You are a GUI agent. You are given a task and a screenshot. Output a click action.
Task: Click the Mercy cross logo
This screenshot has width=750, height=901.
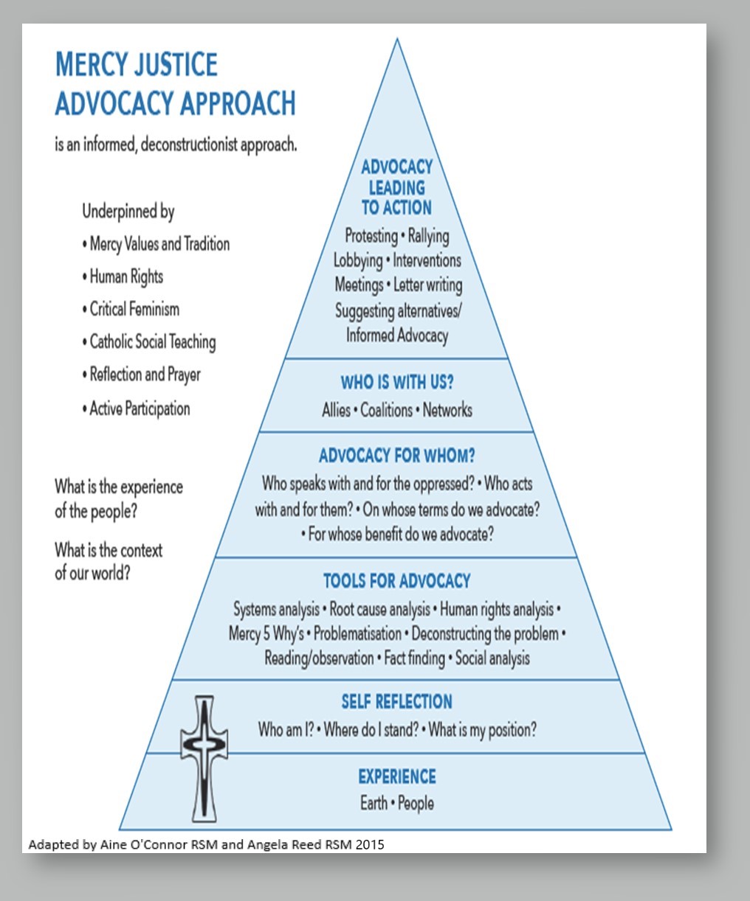[204, 758]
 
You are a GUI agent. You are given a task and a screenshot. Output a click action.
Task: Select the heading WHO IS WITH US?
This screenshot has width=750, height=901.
[396, 382]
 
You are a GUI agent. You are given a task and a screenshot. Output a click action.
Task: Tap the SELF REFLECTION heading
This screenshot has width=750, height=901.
[396, 701]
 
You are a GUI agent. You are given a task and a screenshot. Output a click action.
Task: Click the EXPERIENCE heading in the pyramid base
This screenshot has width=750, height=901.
[397, 776]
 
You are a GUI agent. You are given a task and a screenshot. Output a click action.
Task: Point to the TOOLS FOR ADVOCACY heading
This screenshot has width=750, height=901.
[396, 581]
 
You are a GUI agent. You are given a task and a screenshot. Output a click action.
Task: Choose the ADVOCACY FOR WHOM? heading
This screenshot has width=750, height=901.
[396, 456]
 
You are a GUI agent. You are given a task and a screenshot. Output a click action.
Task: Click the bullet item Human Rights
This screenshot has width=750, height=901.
[125, 276]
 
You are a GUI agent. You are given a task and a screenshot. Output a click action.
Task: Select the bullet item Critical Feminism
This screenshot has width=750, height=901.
[134, 309]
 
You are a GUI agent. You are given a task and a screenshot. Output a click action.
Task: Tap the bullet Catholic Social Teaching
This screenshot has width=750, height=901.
[152, 341]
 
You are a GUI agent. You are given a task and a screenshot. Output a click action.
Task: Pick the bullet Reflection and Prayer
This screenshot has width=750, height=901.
[145, 375]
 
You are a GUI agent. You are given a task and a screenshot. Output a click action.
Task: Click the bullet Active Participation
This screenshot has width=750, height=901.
[140, 408]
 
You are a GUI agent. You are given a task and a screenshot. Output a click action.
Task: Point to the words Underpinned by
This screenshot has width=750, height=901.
[128, 212]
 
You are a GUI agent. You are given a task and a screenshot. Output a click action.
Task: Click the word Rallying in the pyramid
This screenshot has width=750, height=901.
[428, 236]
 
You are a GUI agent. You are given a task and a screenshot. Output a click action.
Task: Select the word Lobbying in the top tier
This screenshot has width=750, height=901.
[358, 260]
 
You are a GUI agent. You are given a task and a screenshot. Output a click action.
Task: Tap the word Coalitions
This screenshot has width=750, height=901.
[387, 410]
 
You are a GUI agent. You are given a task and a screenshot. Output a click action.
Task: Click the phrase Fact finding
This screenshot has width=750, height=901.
[414, 658]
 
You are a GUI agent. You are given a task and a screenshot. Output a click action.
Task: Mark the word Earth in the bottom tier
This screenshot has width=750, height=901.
[374, 803]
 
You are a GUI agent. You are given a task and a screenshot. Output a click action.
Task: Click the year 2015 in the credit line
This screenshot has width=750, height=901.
[369, 845]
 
